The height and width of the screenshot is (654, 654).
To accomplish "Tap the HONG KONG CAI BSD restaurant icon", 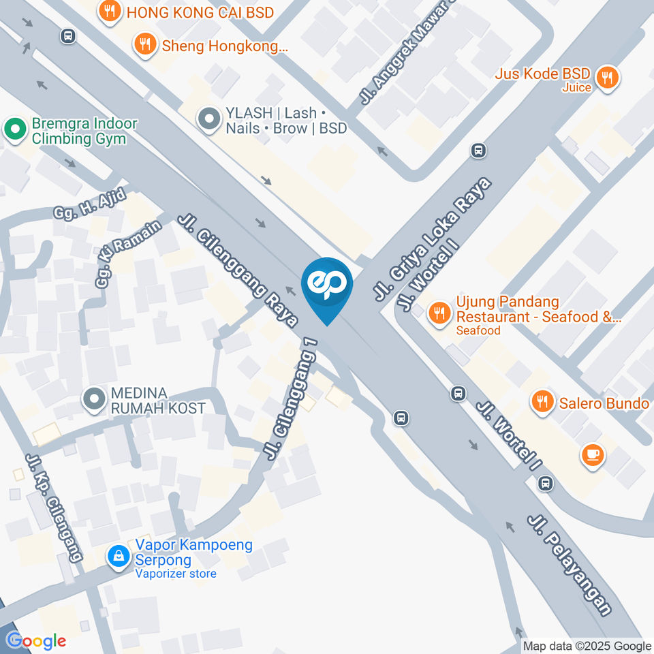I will (110, 10).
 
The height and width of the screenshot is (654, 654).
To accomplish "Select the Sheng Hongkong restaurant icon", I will (144, 44).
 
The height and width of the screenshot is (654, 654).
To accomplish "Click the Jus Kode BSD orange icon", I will (606, 78).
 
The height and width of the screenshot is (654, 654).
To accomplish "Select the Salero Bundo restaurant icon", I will (542, 402).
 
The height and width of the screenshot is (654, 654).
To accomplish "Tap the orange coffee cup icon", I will (591, 455).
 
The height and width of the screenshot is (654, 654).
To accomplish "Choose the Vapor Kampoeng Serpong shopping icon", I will (119, 557).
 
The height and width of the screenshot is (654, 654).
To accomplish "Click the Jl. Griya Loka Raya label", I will (433, 239).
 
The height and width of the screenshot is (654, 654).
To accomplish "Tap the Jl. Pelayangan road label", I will (570, 565).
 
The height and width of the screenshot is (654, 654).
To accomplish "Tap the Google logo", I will (35, 640).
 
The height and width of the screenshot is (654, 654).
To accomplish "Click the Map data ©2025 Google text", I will (587, 646).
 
